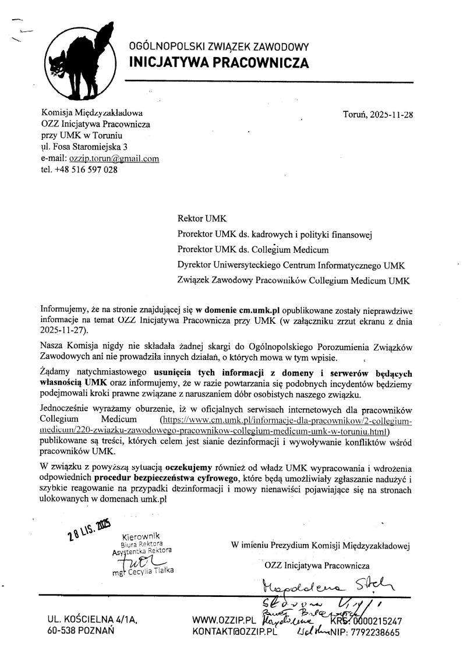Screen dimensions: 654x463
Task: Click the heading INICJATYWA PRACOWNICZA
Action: coord(218,63)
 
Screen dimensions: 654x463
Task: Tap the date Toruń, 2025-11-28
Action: coord(378,114)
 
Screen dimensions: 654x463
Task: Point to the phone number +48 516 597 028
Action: coord(86,169)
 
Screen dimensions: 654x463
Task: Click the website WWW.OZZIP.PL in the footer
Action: coord(224,621)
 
